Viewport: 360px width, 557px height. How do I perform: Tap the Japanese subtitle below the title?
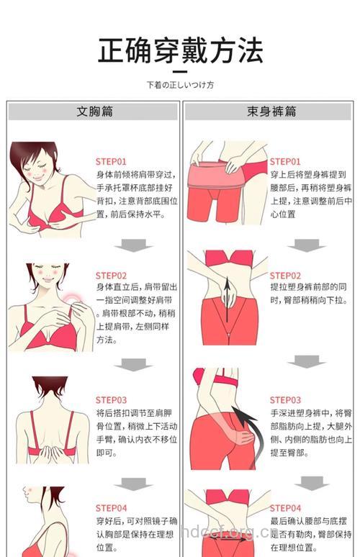coord(180,85)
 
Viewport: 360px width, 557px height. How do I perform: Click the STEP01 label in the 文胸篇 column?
coord(111,162)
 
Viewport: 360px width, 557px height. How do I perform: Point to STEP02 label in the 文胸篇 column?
coord(111,276)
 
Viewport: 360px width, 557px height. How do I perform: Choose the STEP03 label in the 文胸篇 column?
coord(111,400)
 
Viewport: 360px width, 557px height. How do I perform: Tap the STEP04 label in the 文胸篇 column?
coord(111,508)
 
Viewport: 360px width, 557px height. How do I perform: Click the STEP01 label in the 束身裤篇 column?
coord(285,162)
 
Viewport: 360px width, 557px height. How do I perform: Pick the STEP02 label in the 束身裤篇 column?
coord(285,276)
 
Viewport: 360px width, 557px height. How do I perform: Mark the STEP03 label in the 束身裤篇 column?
coord(285,400)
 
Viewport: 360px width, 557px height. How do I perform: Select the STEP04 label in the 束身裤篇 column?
coord(285,508)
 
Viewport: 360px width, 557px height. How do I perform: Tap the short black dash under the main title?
coord(179,71)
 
